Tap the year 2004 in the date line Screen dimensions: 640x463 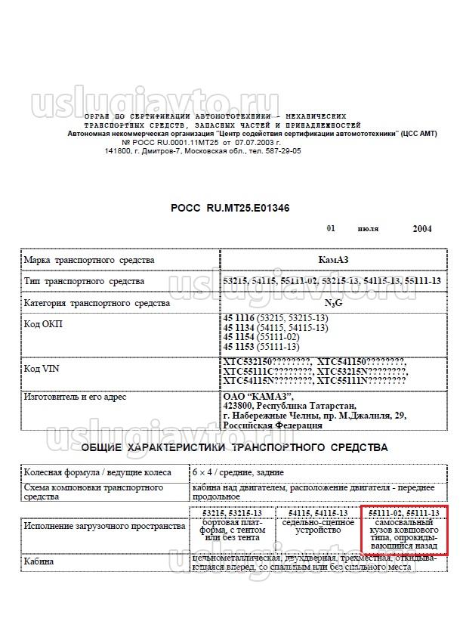click(422, 229)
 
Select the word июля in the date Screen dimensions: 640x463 click(368, 229)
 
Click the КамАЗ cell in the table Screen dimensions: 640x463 click(332, 260)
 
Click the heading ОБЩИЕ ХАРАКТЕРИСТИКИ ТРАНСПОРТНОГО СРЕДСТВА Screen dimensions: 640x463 click(234, 447)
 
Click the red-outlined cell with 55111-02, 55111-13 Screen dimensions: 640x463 click(403, 530)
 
